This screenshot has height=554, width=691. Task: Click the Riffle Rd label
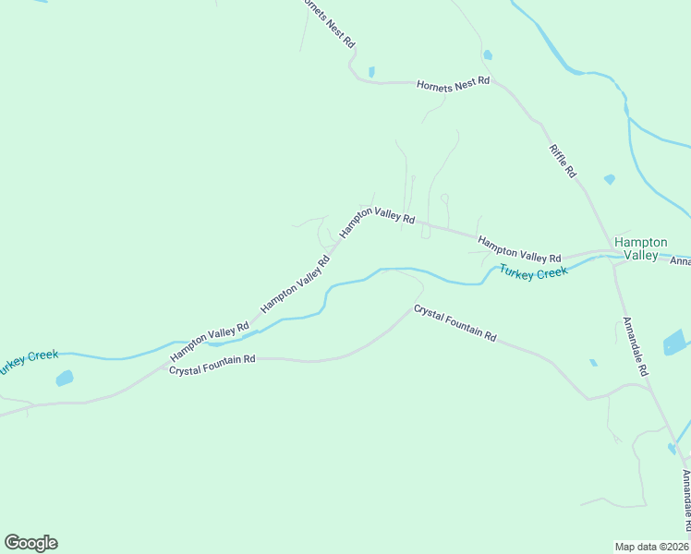tap(563, 161)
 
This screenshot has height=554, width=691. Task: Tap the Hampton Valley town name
tap(640, 248)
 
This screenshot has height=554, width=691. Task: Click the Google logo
tap(30, 543)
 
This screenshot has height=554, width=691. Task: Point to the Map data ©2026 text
tap(652, 546)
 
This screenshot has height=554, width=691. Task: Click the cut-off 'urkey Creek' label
tap(29, 362)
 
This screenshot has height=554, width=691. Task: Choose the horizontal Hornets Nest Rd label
tap(452, 83)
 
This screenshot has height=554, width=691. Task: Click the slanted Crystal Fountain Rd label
tap(455, 324)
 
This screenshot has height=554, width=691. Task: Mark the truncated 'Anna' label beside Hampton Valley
tap(680, 259)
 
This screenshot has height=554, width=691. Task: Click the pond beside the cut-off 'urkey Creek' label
tap(64, 378)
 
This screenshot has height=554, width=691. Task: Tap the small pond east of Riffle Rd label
tap(609, 179)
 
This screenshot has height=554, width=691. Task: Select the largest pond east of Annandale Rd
tap(676, 342)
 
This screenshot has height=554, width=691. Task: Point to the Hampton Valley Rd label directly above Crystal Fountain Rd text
tap(210, 342)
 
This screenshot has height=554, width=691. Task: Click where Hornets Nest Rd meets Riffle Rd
tap(495, 82)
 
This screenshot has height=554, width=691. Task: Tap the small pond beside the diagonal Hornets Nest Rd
tap(371, 71)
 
